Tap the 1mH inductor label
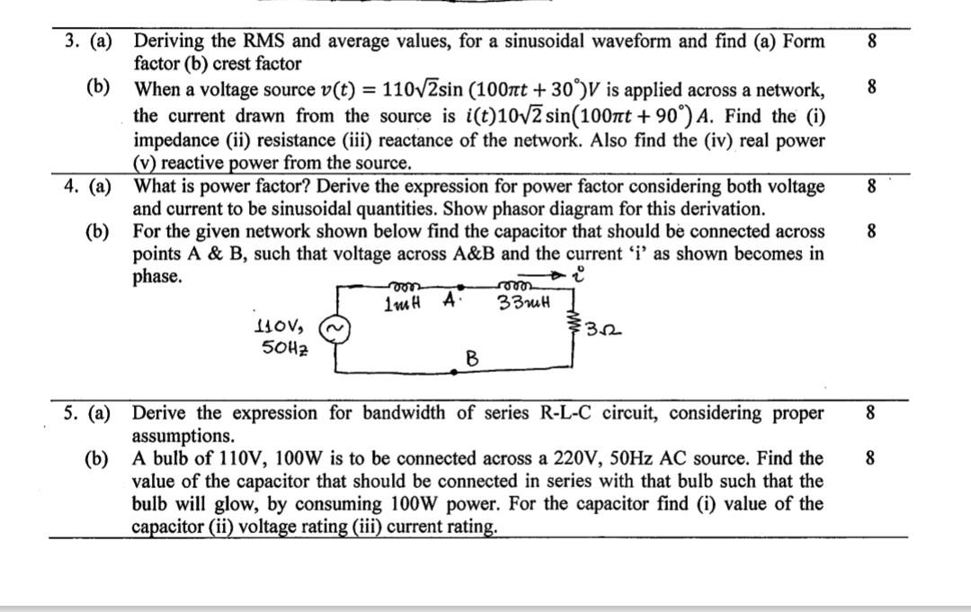pos(401,305)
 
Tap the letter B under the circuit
pos(470,360)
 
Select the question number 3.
pos(70,41)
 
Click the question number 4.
pos(70,187)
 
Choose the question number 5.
pos(70,413)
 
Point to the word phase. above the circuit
pos(157,277)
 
